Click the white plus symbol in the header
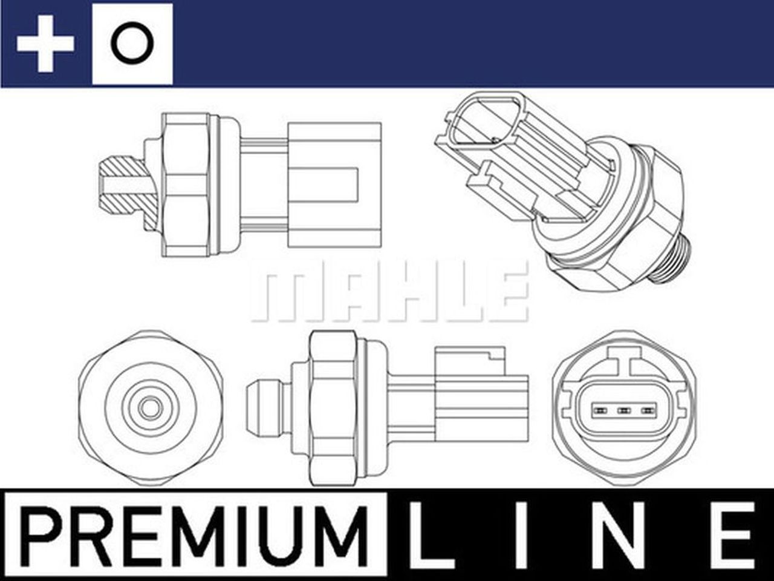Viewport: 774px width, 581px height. [x=45, y=44]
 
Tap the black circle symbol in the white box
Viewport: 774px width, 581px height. [x=132, y=44]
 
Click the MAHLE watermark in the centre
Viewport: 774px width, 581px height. [x=389, y=292]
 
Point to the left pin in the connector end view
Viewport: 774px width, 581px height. [x=601, y=412]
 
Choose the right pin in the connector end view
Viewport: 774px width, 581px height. [x=648, y=412]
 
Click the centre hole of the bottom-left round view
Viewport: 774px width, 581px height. [x=148, y=407]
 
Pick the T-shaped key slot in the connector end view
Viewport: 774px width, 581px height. [x=624, y=365]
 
